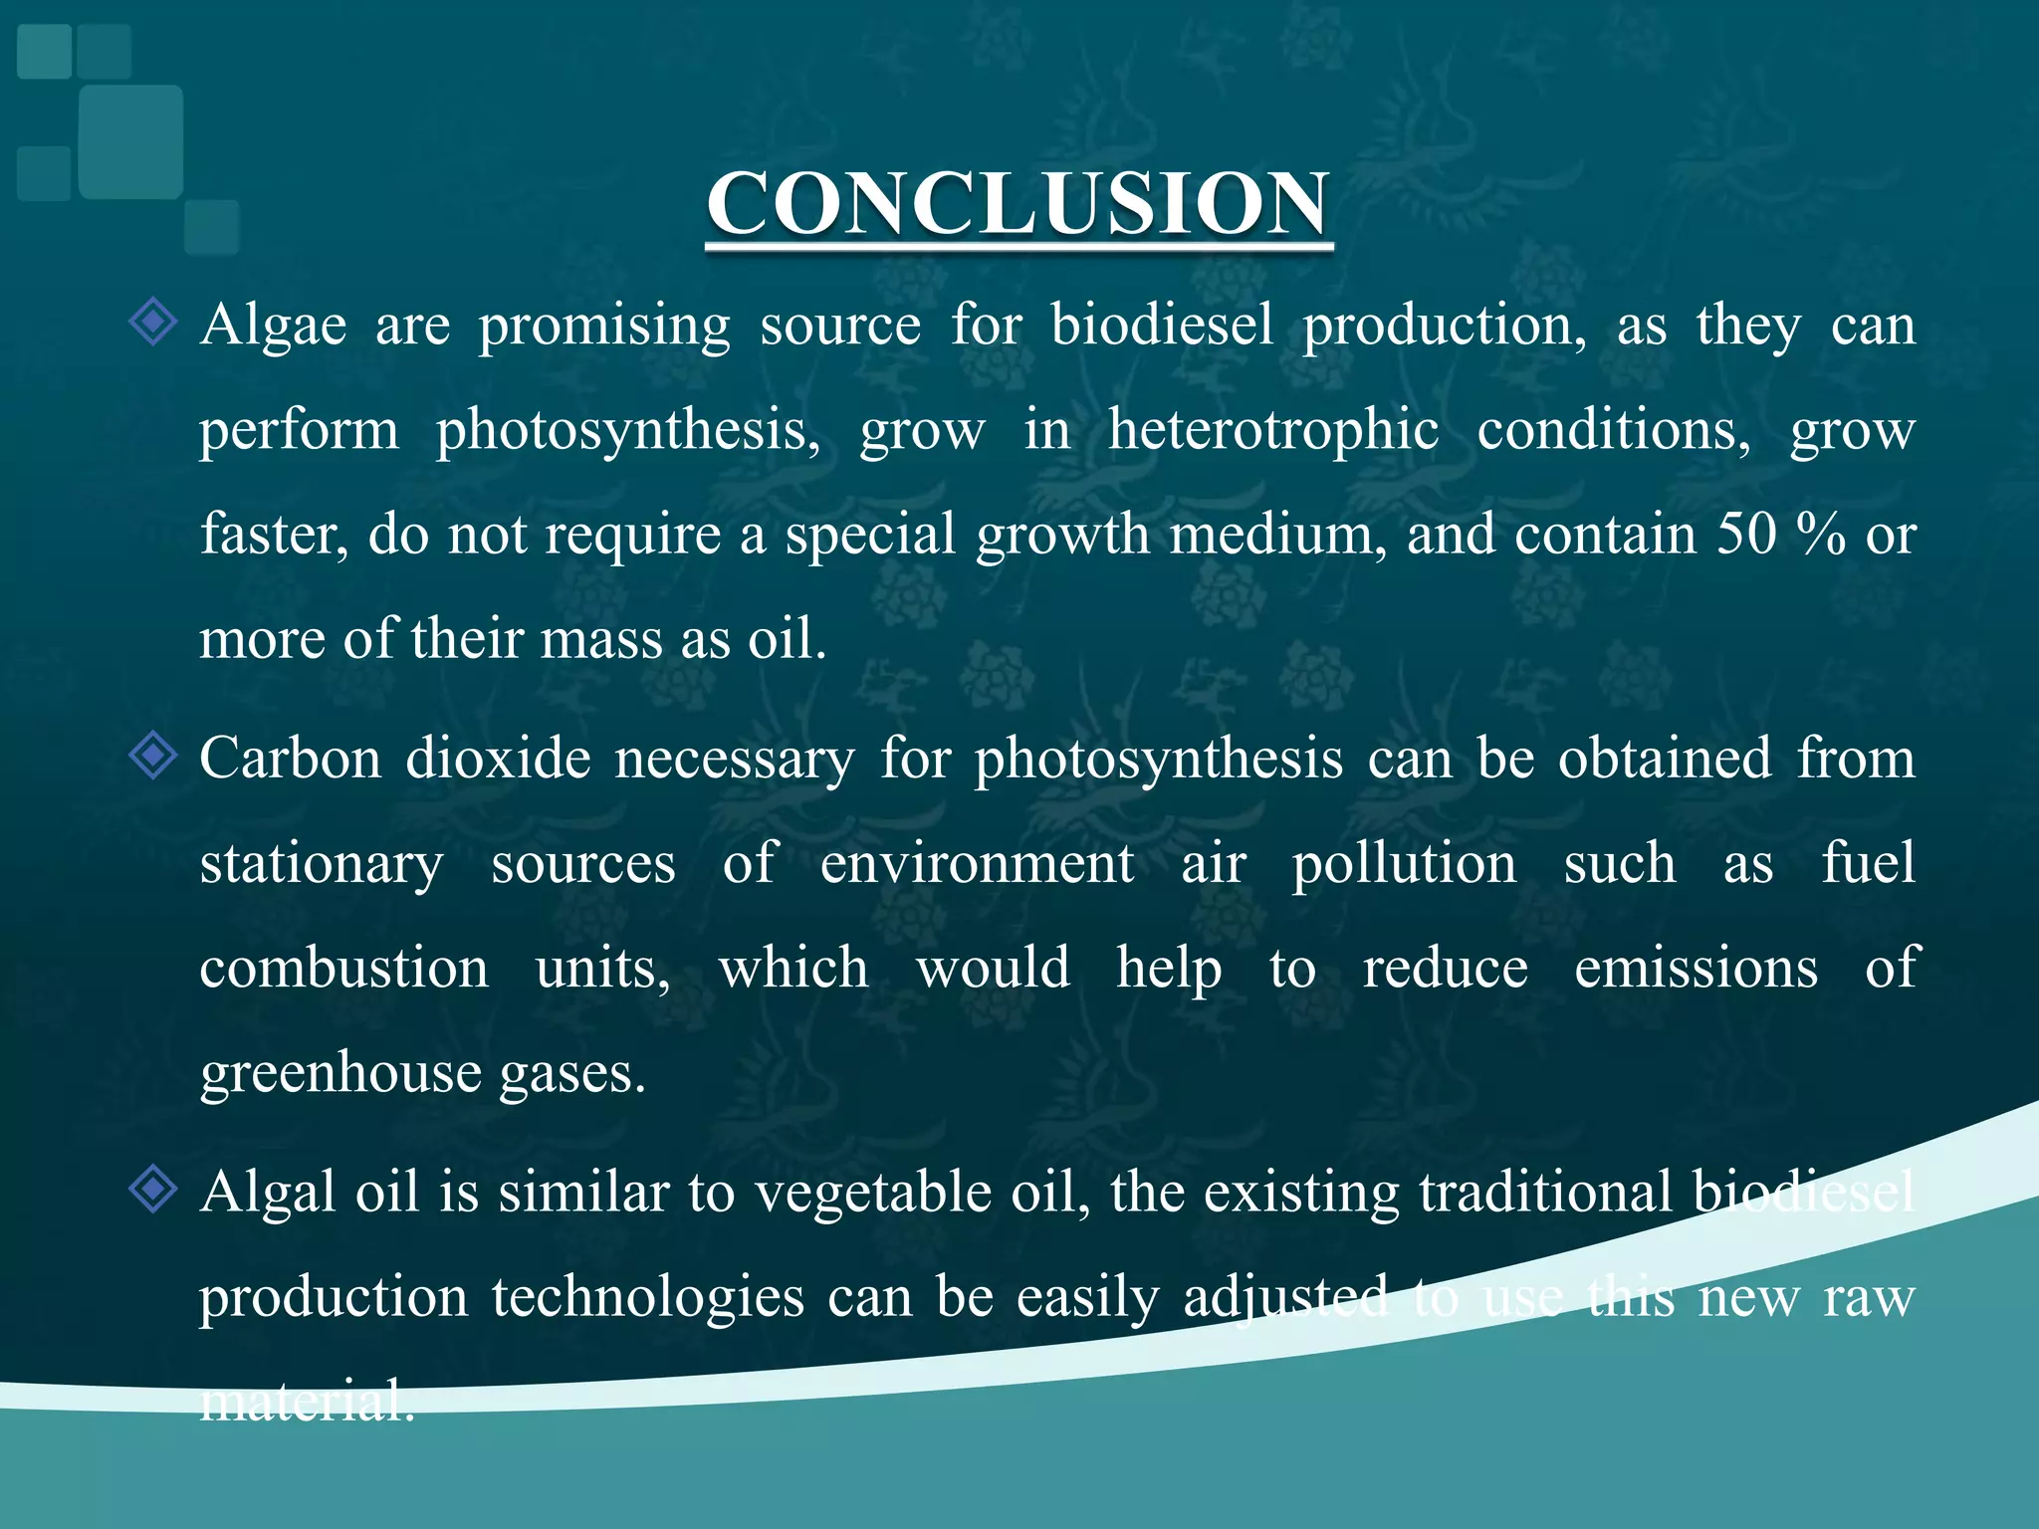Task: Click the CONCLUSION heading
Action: point(1018,203)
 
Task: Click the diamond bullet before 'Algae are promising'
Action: point(153,323)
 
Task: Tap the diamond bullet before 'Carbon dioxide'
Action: point(153,757)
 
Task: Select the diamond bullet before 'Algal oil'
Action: point(153,1190)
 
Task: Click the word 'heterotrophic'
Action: point(1273,432)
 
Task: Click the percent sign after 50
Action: point(1821,535)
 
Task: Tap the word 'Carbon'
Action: point(290,759)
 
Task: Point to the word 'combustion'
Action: point(343,969)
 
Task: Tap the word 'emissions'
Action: point(1696,969)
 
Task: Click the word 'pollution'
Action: point(1404,863)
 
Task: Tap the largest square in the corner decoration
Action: point(130,141)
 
